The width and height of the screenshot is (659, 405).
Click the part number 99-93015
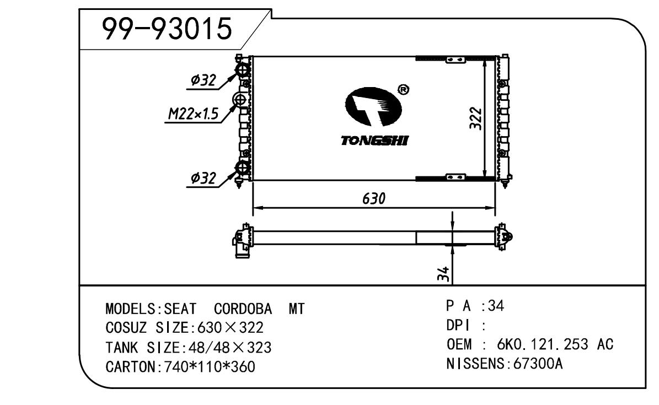[x=167, y=29]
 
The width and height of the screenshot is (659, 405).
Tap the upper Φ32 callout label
[x=203, y=80]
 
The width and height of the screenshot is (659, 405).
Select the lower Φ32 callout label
[x=203, y=178]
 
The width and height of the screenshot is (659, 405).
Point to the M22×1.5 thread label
[x=194, y=114]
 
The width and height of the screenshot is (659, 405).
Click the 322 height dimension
[x=475, y=118]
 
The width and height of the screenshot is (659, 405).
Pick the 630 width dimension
[x=374, y=198]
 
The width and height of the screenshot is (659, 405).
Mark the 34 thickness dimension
[x=443, y=274]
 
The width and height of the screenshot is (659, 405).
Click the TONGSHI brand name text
[x=374, y=141]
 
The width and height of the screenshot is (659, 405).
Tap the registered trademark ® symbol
[x=403, y=89]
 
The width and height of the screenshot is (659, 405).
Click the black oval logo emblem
[x=373, y=106]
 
